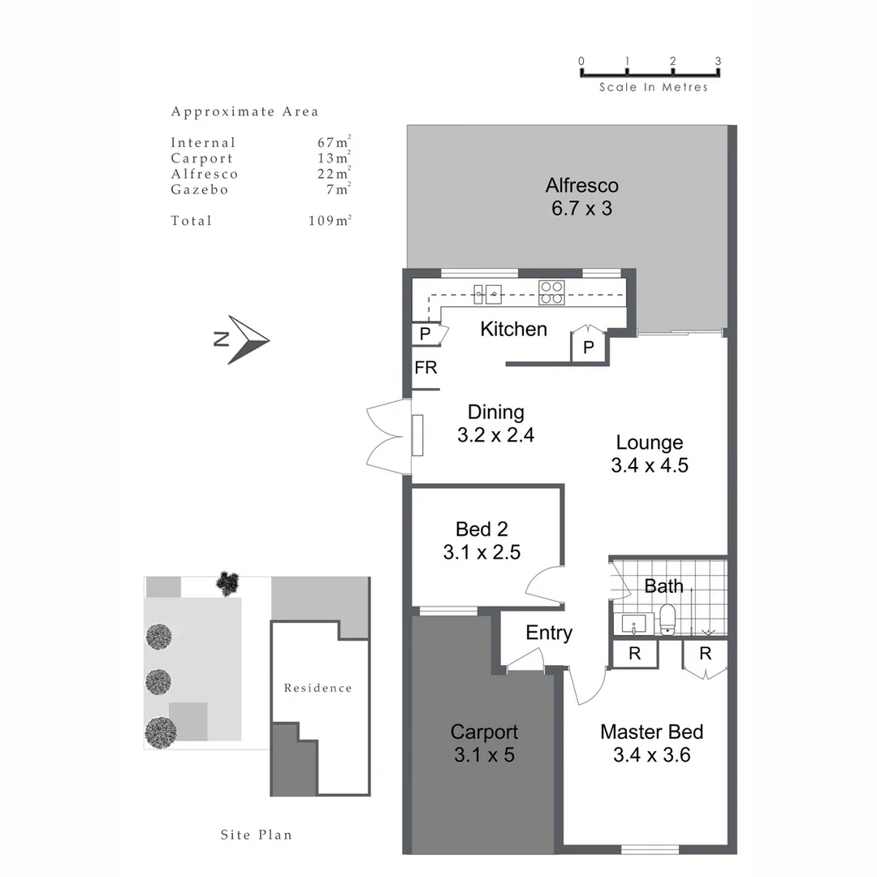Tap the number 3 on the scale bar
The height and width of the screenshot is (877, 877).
coord(718,61)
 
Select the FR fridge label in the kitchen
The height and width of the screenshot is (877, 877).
coord(426,368)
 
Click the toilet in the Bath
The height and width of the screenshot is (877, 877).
coord(668,619)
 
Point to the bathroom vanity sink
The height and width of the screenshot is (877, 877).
coord(633,625)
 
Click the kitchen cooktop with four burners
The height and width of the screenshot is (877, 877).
coord(551,292)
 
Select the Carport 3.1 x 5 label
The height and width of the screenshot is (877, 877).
coord(484,743)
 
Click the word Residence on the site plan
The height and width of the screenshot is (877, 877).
coord(318,688)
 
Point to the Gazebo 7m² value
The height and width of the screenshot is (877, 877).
coord(340,190)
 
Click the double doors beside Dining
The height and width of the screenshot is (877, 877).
coord(386,436)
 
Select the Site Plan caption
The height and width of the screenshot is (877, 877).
coord(256,835)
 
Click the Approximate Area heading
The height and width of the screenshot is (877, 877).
coord(244,112)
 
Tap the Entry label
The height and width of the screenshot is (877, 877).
coord(549,633)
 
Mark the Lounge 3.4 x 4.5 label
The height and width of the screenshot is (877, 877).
coord(649,454)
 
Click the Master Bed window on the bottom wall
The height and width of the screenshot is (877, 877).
coord(650,849)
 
